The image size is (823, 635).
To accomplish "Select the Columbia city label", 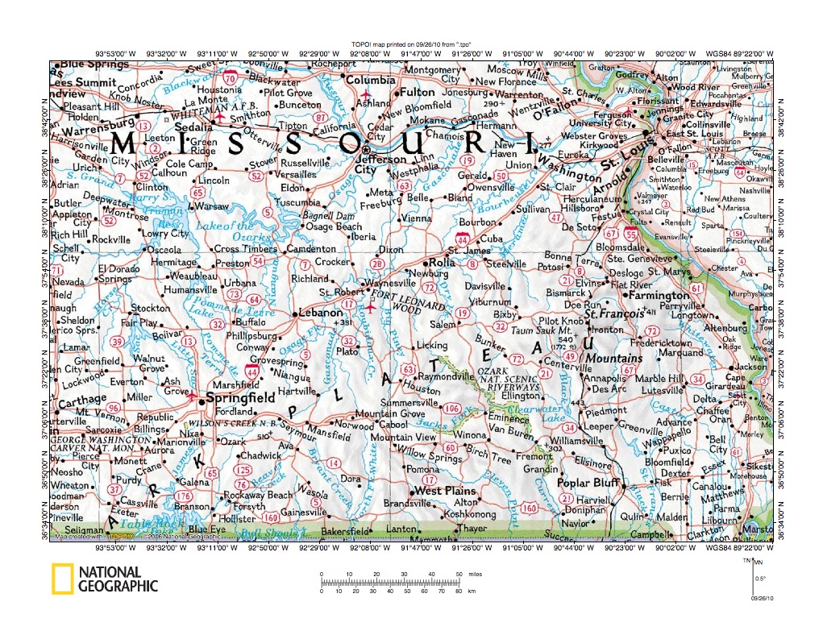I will pyautogui.click(x=371, y=81).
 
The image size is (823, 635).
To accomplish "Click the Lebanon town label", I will pyautogui.click(x=322, y=313).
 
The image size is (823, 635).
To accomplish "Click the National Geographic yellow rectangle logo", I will pyautogui.click(x=64, y=579).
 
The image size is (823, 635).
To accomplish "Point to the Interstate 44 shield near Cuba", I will pyautogui.click(x=462, y=239).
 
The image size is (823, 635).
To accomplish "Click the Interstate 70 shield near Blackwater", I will pyautogui.click(x=231, y=78).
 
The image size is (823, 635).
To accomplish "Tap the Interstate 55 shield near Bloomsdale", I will pyautogui.click(x=631, y=234).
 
